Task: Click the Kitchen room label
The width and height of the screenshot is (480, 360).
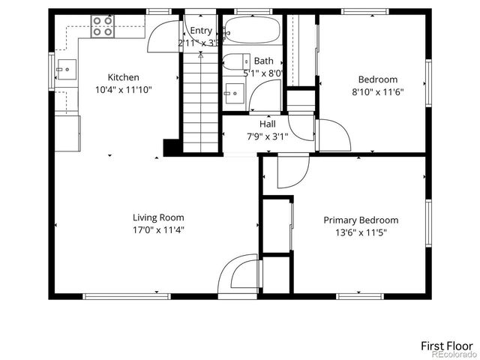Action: [x=123, y=77]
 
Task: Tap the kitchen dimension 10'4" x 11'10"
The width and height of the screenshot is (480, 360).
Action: [x=123, y=90]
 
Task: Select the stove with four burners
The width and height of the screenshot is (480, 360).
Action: [x=102, y=28]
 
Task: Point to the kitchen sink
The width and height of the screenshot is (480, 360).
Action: [x=67, y=70]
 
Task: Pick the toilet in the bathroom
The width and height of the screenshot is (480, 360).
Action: [x=237, y=61]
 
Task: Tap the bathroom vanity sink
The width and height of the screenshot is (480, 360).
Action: [x=233, y=92]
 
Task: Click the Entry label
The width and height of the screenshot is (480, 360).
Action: [x=201, y=31]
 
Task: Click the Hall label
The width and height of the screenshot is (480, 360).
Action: [x=268, y=124]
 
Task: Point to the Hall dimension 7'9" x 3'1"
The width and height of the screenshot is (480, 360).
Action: [x=268, y=136]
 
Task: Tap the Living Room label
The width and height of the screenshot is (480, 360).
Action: [x=158, y=217]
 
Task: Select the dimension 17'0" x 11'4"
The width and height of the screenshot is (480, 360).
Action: [x=158, y=230]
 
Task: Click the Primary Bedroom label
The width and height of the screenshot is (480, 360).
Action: [x=361, y=220]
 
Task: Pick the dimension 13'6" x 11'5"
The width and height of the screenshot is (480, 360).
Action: [x=361, y=232]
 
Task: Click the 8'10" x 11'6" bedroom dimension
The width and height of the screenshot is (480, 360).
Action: [x=377, y=92]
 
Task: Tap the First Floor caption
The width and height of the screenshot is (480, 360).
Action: [x=445, y=346]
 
